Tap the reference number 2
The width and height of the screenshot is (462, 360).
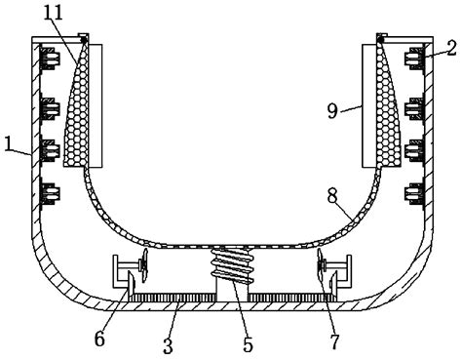pyautogui.click(x=450, y=46)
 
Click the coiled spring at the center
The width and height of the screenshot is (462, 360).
pyautogui.click(x=231, y=265)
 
